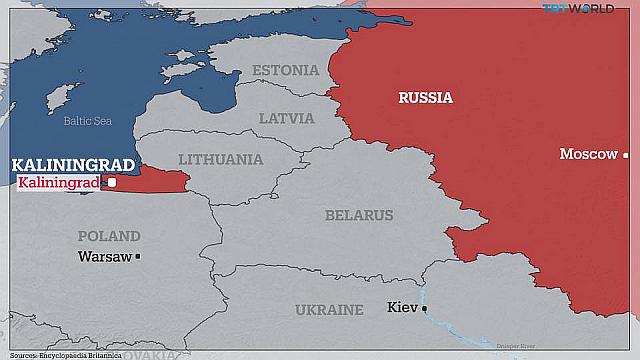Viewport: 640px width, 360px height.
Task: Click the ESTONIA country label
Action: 286,71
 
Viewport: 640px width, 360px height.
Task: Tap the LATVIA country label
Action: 286,118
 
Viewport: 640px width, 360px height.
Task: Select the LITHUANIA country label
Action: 221,160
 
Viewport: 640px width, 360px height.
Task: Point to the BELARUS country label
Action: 359,215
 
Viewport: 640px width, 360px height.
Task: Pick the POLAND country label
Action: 109,237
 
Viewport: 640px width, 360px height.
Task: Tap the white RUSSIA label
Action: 425,98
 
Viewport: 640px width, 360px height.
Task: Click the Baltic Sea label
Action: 88,121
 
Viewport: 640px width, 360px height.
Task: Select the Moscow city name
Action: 588,154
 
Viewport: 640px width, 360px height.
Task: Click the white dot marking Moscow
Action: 625,155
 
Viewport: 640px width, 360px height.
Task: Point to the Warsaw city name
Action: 104,257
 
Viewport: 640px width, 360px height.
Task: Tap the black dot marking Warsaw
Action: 139,257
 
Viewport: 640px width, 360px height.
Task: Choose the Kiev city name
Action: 402,307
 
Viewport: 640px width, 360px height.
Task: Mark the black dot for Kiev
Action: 424,308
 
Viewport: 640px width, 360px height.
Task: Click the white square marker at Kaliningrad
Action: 112,183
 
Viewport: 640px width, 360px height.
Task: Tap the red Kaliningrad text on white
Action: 60,183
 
